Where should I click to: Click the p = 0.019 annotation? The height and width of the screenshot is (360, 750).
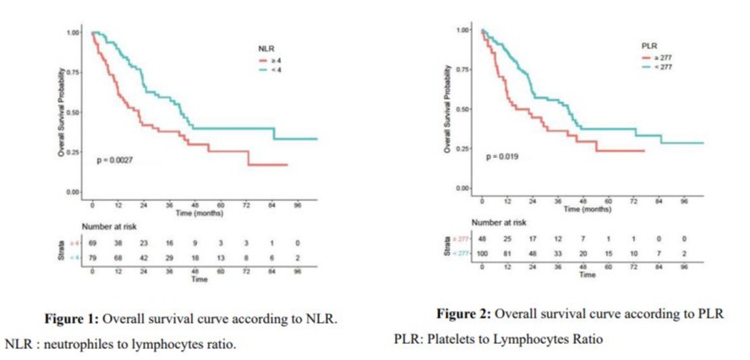[501, 157]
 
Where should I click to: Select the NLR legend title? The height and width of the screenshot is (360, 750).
[266, 49]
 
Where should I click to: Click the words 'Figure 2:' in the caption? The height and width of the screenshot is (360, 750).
[463, 314]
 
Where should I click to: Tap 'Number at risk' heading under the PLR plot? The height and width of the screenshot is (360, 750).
[498, 221]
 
